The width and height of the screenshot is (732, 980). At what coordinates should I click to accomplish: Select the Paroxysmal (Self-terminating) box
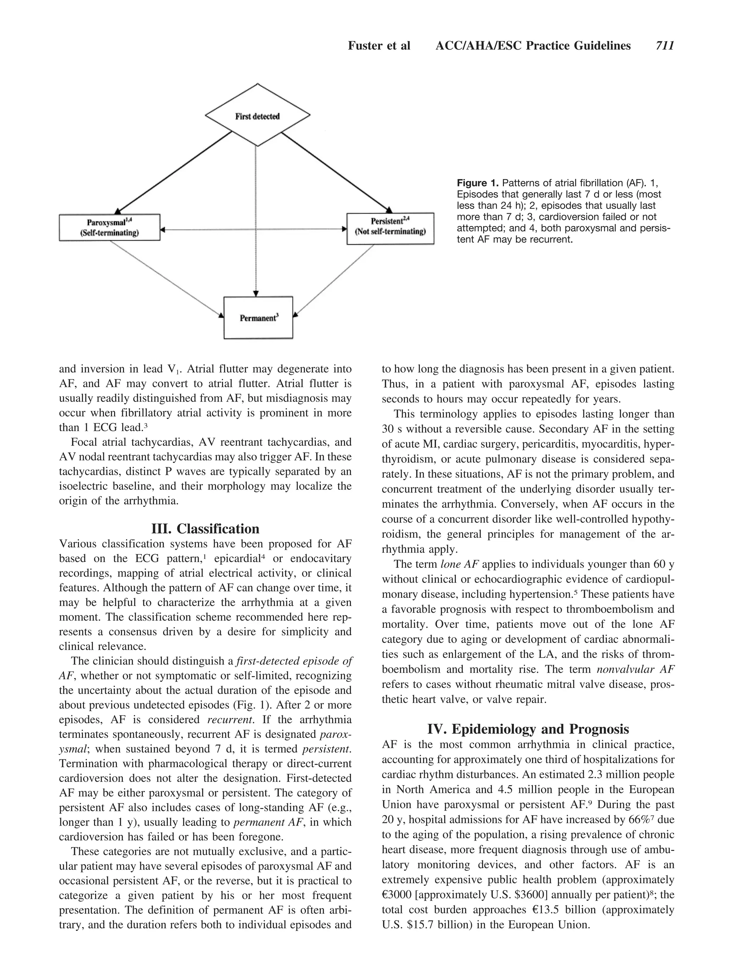[109, 228]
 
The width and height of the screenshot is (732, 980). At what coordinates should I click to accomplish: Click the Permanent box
[258, 317]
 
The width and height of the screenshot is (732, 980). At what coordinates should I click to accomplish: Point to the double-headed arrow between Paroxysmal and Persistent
[253, 230]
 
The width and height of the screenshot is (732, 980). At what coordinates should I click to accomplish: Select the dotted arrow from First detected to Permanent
[256, 222]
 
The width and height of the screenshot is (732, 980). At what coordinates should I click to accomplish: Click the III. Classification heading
[205, 528]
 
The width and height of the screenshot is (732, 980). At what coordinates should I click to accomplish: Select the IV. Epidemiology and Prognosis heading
[528, 729]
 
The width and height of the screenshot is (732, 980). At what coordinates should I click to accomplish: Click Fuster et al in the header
[379, 46]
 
